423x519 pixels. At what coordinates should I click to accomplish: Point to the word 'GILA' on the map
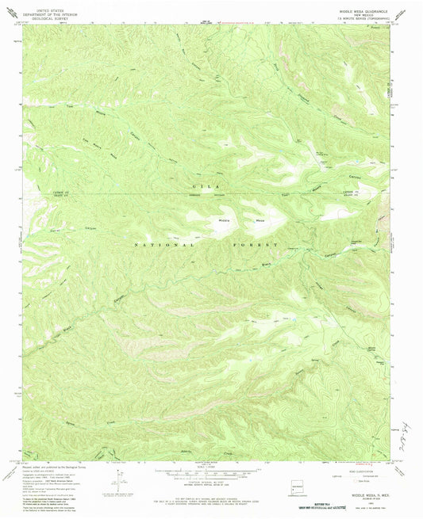pos(198,186)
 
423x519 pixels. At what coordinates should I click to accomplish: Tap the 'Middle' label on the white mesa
pos(216,220)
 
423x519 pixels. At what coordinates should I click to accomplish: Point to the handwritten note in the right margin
pos(409,429)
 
